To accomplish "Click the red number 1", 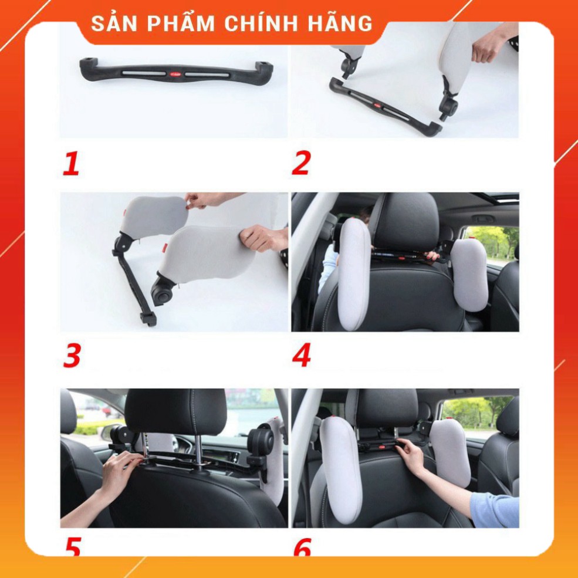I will (x=71, y=163).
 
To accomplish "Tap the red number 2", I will (x=300, y=163).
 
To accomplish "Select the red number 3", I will (x=72, y=356).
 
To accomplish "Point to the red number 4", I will (x=301, y=356).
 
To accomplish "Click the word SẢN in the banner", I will (x=115, y=24).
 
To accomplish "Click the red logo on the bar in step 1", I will (x=177, y=75).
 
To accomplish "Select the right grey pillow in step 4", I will (x=469, y=273).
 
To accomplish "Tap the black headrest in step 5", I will (x=174, y=411).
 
